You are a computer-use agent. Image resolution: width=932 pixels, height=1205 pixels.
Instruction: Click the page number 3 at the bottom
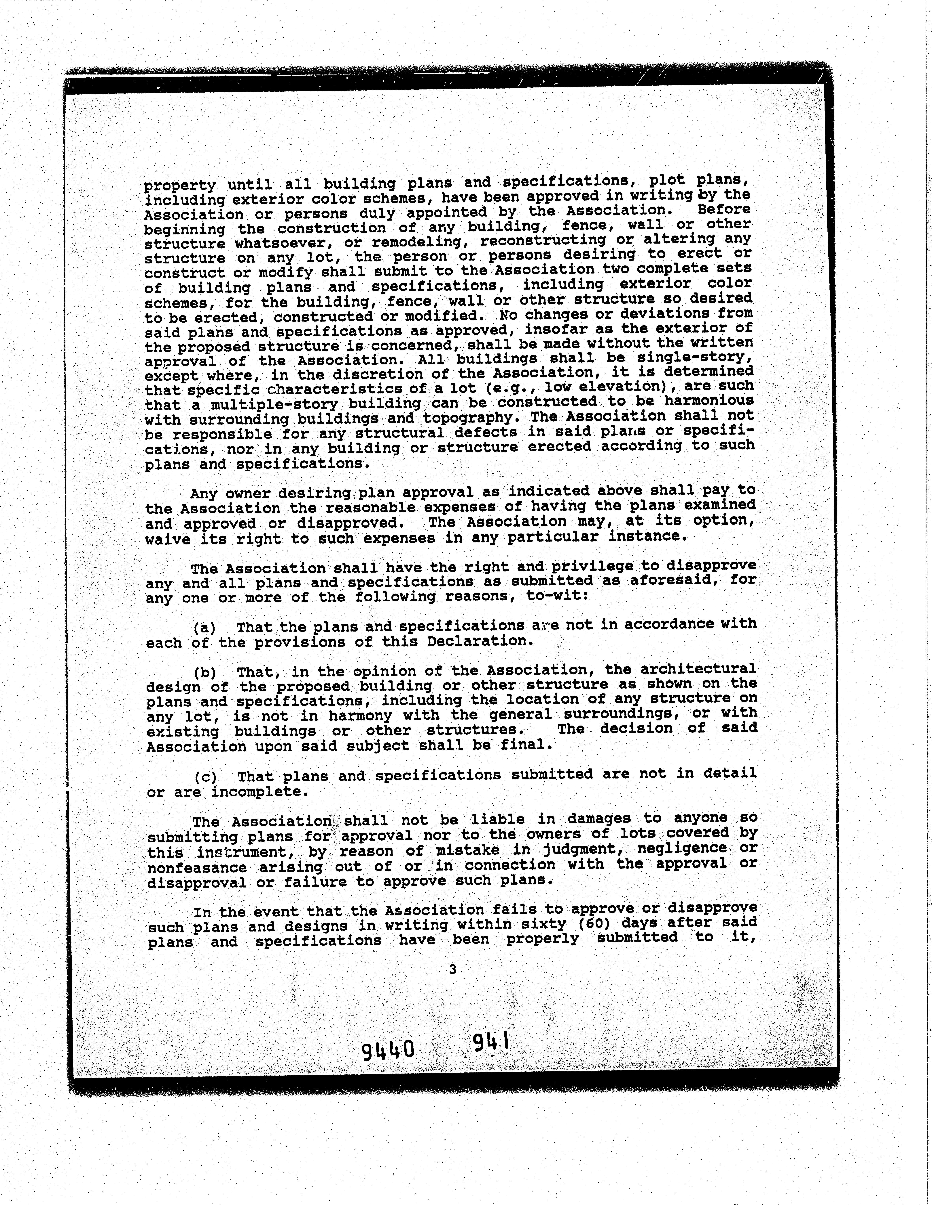453,969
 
